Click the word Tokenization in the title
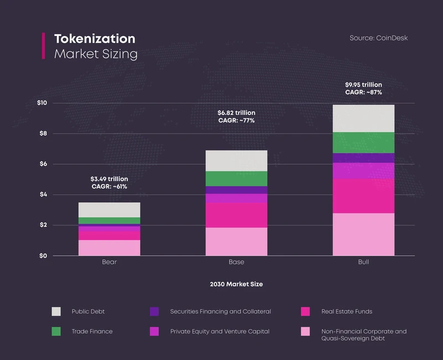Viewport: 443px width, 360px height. [94, 39]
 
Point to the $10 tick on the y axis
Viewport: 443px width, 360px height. [42, 103]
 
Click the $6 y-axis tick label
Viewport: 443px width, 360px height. [42, 164]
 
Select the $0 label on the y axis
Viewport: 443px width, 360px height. [42, 256]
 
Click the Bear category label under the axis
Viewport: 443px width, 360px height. [109, 262]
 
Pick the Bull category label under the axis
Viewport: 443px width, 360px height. [363, 262]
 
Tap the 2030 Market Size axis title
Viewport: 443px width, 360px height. [236, 284]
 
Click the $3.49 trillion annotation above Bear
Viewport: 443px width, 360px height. [109, 179]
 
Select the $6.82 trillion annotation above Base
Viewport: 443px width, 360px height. [236, 113]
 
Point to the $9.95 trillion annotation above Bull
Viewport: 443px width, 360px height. [363, 85]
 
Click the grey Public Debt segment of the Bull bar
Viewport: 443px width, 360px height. [363, 119]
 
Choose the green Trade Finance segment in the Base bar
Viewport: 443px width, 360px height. [236, 179]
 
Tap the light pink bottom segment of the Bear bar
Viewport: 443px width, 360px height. [109, 248]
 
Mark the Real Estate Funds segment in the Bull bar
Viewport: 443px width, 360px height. [363, 196]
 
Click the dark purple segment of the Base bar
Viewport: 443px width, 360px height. [236, 190]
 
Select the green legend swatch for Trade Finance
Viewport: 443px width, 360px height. [56, 331]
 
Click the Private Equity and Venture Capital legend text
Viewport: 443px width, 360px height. [220, 331]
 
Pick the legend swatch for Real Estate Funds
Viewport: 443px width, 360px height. [305, 311]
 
